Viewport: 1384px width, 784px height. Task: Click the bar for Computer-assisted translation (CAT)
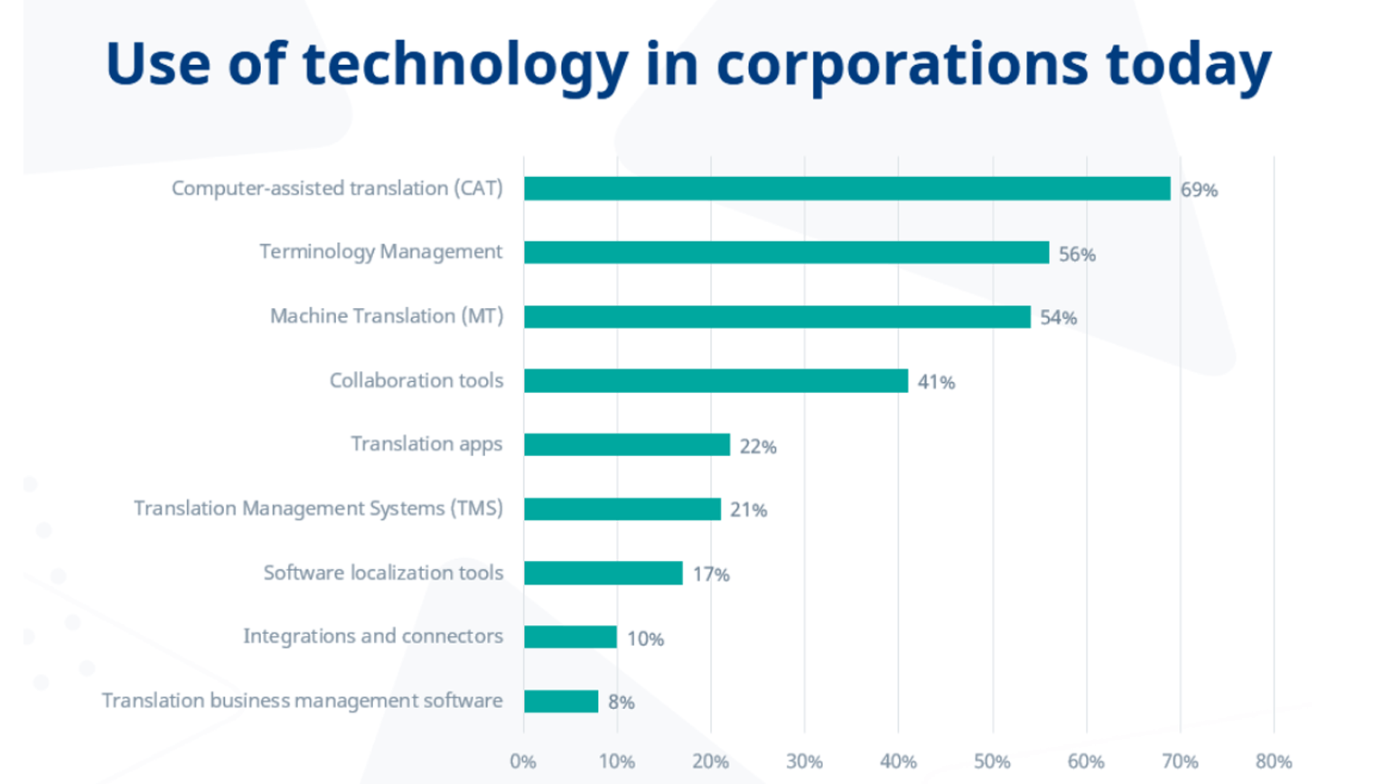(846, 189)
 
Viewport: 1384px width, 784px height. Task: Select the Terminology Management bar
(786, 253)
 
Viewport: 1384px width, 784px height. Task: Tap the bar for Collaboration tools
(715, 381)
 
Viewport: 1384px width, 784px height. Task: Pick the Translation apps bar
(626, 444)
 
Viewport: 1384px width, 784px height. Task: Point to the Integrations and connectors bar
(570, 637)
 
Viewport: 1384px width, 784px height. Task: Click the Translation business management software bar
(561, 701)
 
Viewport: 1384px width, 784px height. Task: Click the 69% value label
(1199, 191)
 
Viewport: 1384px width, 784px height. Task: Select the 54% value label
(1058, 318)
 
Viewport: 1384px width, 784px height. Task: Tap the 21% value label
(748, 510)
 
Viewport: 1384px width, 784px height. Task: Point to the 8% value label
(621, 703)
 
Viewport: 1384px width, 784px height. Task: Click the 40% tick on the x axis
(898, 761)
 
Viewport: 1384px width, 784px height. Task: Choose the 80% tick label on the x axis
(1273, 761)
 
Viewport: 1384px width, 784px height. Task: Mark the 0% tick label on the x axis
(523, 761)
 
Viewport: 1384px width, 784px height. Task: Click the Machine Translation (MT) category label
(386, 316)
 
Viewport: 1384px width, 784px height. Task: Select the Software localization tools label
(383, 573)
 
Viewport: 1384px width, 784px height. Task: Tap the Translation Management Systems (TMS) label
(318, 509)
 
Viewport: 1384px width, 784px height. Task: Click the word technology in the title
(464, 65)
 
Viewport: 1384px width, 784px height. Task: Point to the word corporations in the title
(902, 65)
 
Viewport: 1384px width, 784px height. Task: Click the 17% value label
(711, 574)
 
